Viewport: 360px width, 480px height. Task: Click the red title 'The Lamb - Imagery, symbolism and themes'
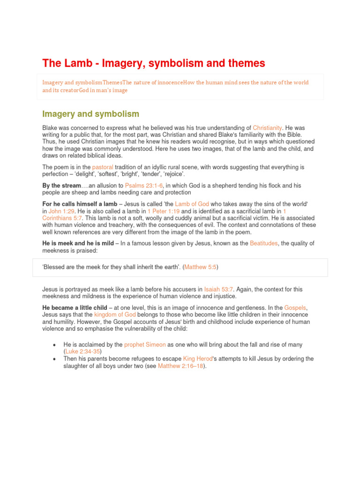(154, 63)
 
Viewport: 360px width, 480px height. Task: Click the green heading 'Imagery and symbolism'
(90, 113)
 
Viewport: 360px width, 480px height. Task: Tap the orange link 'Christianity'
(267, 127)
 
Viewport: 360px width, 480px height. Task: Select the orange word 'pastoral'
(103, 167)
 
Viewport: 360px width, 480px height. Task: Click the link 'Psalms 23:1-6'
(144, 186)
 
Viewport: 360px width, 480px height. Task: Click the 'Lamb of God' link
(192, 204)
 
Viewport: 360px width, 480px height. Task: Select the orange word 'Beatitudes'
(267, 243)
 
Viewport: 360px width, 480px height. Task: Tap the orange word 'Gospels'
(295, 307)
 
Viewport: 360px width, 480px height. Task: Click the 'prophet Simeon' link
(145, 345)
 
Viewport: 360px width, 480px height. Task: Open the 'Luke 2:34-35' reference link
(82, 351)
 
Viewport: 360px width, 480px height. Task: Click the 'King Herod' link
(197, 359)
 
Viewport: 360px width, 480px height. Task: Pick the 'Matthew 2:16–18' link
(181, 366)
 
